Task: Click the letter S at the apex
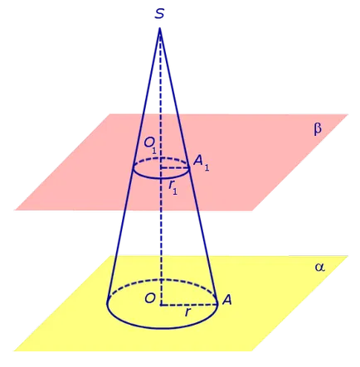[159, 13]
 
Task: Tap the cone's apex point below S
[160, 28]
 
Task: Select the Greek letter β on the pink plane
[318, 128]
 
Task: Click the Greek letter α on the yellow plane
[319, 268]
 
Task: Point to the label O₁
[150, 145]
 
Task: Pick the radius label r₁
[173, 189]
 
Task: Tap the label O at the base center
[150, 298]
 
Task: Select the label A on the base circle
[226, 300]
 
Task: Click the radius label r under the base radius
[187, 312]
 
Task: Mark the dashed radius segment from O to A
[189, 305]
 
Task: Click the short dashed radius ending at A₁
[175, 167]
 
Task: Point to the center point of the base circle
[161, 305]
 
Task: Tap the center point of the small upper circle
[161, 167]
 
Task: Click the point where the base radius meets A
[217, 305]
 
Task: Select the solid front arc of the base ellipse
[162, 328]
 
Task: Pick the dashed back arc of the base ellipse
[162, 279]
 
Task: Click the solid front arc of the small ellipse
[161, 178]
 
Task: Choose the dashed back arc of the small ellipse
[161, 158]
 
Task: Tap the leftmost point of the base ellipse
[107, 304]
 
